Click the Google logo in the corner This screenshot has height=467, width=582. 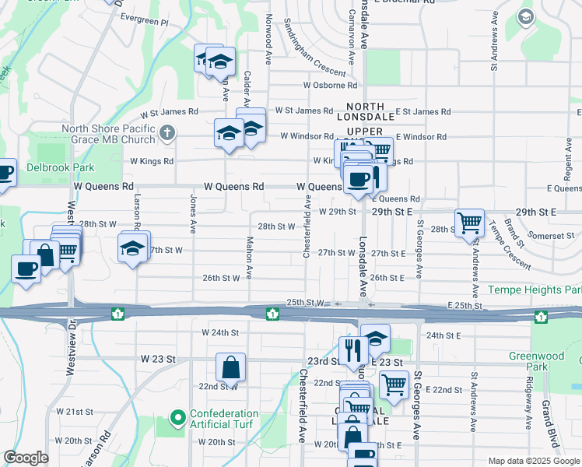[26, 458]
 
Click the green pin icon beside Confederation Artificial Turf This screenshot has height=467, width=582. [177, 419]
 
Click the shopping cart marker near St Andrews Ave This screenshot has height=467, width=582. [470, 223]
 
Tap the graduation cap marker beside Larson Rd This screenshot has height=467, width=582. [132, 248]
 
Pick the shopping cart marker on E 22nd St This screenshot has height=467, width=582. [394, 384]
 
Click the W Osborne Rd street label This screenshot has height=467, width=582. [330, 85]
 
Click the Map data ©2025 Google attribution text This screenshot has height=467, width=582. [534, 460]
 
